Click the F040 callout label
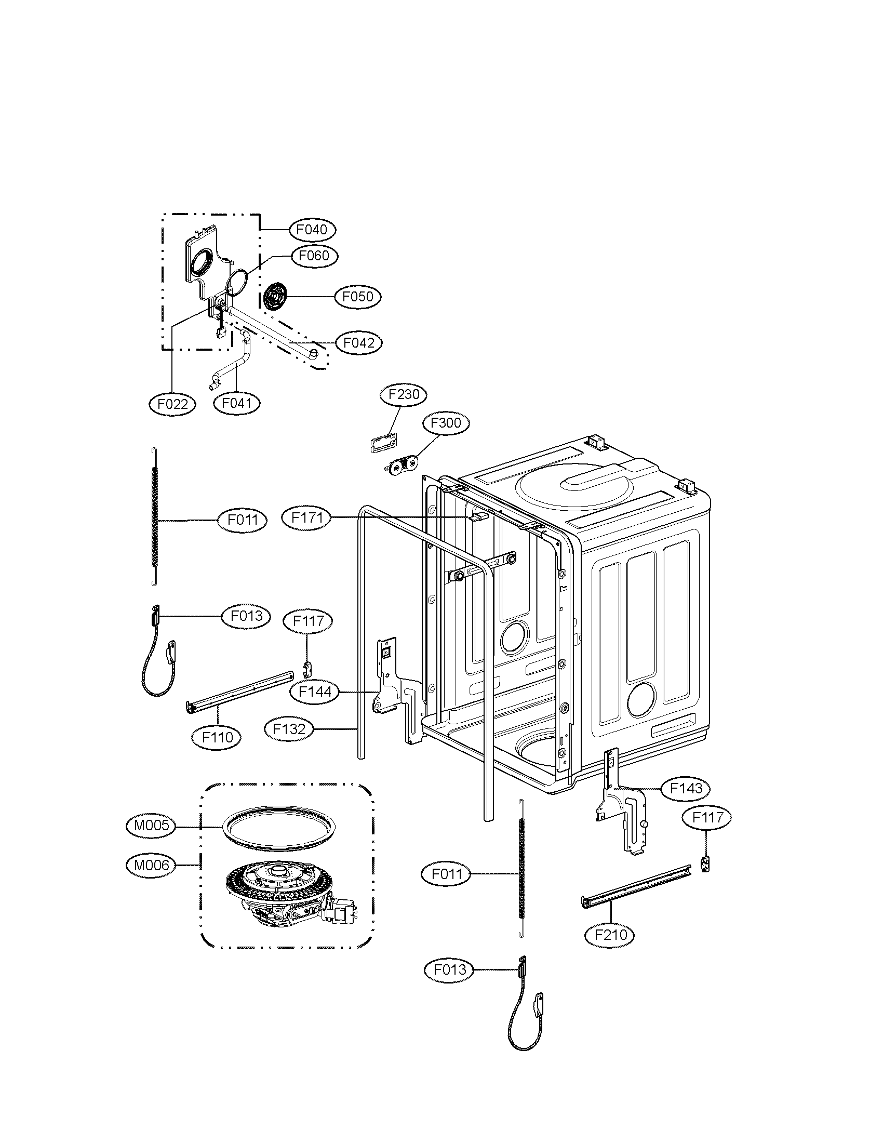[311, 230]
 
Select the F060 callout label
[313, 256]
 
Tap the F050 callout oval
[358, 297]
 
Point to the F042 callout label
[359, 343]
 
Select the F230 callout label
[404, 394]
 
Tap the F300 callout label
[446, 423]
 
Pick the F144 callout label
[315, 692]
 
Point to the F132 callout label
[289, 729]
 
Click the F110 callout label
[218, 737]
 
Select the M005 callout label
[151, 826]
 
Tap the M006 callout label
[151, 865]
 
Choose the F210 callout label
[610, 934]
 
